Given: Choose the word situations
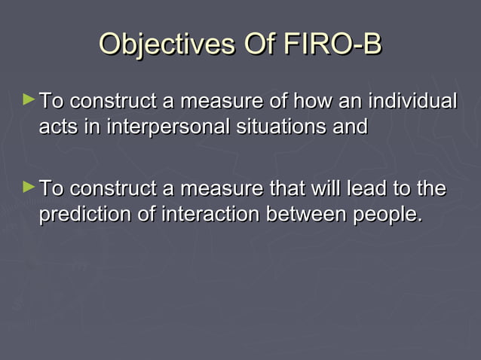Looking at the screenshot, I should point(280,127).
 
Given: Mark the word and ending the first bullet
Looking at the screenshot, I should point(351,127).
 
